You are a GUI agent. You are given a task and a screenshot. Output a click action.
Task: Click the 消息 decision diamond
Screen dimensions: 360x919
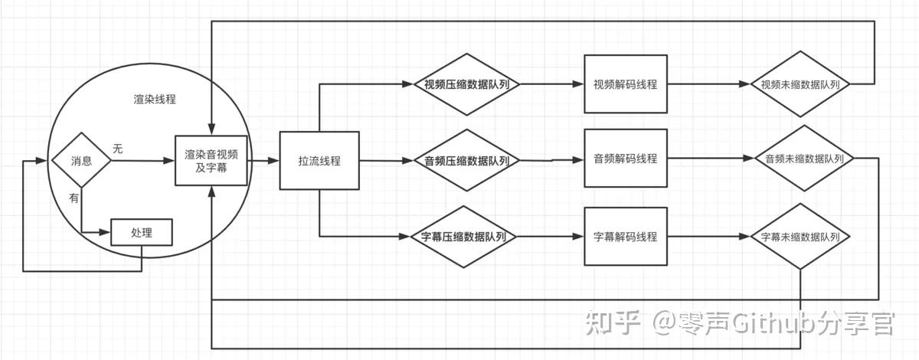tap(81, 161)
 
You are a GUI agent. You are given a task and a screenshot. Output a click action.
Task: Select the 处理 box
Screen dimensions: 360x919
tap(142, 233)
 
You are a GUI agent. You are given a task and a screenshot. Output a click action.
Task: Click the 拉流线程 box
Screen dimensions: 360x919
tap(319, 161)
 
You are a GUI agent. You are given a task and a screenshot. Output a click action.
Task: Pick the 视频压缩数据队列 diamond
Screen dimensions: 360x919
tap(467, 84)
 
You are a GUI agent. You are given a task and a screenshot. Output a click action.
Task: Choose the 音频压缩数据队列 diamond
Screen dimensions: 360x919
tap(467, 161)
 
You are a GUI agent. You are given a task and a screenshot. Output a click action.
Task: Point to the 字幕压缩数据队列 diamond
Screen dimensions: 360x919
tap(467, 237)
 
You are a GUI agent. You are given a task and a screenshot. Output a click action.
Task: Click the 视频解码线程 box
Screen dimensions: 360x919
tap(625, 84)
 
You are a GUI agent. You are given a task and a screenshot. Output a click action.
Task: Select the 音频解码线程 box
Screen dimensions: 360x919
tap(625, 159)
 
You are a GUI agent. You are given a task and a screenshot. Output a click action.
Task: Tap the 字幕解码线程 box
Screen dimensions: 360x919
tap(625, 237)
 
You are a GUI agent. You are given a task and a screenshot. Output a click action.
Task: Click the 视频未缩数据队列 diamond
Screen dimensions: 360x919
tap(801, 84)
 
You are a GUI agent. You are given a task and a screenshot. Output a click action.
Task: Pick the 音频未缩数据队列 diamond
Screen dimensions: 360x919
tap(803, 159)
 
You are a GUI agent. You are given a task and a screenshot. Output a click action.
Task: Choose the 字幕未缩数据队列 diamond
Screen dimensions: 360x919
tap(801, 237)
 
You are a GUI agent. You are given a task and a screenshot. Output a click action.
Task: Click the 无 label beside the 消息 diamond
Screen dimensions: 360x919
tap(117, 149)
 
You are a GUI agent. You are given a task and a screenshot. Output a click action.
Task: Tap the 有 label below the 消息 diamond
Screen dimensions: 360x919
tap(74, 198)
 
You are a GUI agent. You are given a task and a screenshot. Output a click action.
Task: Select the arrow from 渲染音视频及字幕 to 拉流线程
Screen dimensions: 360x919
tap(265, 161)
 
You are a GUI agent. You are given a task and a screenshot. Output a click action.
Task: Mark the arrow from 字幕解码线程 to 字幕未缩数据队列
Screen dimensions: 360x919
tap(708, 237)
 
